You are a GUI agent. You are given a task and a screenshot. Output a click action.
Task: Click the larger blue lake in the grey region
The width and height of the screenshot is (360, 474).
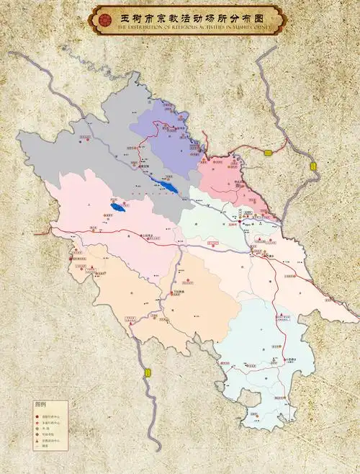[167, 187]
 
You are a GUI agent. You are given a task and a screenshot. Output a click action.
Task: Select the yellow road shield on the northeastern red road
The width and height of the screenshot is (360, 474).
[268, 152]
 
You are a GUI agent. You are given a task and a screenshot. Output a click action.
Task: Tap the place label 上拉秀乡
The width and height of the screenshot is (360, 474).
[148, 235]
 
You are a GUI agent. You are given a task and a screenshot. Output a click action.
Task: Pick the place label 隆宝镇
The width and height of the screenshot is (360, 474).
[143, 167]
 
